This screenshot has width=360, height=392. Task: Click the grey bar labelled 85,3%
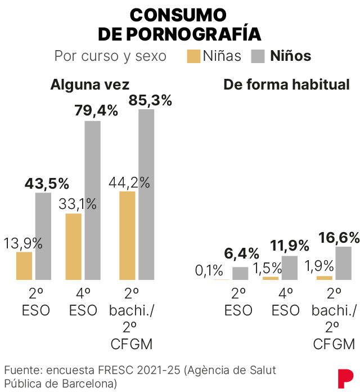click(146, 194)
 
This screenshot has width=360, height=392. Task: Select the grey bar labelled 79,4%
click(93, 200)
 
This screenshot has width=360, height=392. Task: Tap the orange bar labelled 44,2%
click(128, 235)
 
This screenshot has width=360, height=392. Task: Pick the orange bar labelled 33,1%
click(74, 247)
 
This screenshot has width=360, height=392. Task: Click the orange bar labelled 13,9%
click(24, 266)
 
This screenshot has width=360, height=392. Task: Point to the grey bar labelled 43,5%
click(43, 236)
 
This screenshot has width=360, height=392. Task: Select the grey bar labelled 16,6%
click(343, 263)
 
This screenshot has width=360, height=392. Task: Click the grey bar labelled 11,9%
click(290, 268)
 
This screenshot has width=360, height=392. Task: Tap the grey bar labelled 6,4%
click(240, 273)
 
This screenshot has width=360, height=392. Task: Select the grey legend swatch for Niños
click(258, 56)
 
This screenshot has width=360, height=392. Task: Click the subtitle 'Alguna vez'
click(90, 84)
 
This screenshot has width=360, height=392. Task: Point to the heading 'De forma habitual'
click(286, 84)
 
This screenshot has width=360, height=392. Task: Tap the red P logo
click(345, 377)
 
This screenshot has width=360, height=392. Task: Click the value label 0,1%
click(209, 270)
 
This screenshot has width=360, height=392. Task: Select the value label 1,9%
click(317, 265)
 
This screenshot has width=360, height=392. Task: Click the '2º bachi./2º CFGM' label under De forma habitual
click(334, 318)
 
